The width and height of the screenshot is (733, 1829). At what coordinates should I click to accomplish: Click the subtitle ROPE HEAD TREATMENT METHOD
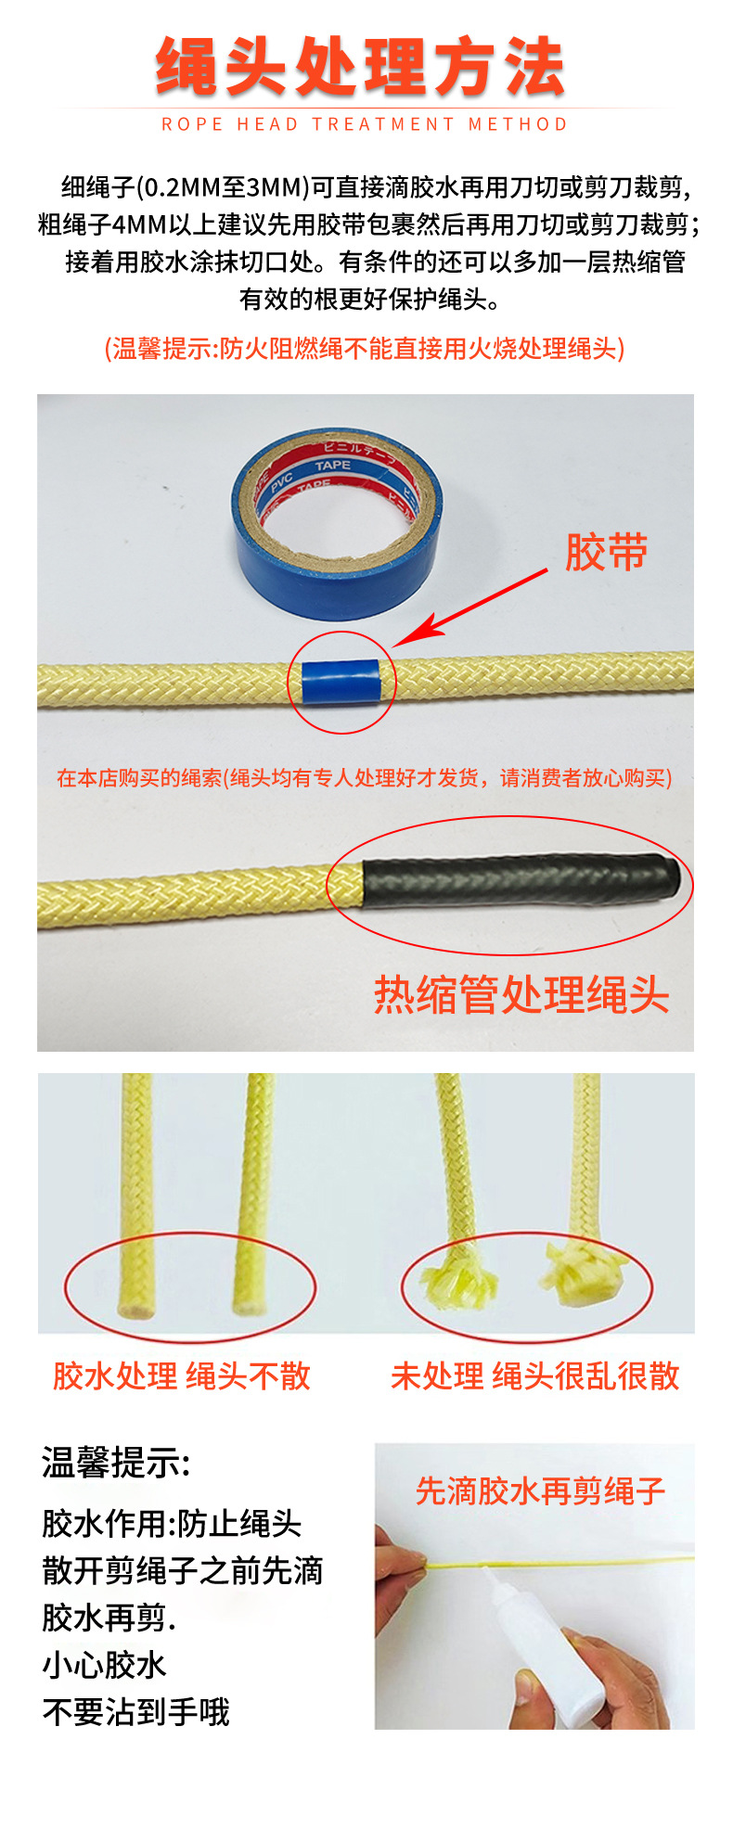click(x=365, y=124)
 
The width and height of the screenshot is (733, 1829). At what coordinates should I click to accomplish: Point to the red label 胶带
click(x=606, y=553)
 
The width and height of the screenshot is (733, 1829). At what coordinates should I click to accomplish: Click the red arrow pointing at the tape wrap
click(x=473, y=608)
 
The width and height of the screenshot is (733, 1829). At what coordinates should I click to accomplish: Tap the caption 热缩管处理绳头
click(x=521, y=995)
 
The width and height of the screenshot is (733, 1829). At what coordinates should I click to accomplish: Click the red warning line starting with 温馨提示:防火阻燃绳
click(x=365, y=349)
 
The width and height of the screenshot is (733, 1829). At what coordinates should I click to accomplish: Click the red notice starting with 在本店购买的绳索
click(x=365, y=777)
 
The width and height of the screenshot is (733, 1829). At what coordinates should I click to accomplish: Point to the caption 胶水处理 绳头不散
click(x=182, y=1376)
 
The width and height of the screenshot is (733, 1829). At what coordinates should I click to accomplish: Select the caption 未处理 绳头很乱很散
click(x=535, y=1376)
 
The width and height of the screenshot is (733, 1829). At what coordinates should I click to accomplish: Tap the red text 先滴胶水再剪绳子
click(x=540, y=1491)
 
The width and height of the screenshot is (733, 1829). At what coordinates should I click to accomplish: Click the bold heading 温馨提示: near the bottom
click(x=115, y=1463)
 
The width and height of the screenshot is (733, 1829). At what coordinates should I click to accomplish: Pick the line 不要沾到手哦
click(x=135, y=1712)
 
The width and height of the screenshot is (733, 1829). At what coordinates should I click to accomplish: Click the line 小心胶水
click(x=104, y=1665)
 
